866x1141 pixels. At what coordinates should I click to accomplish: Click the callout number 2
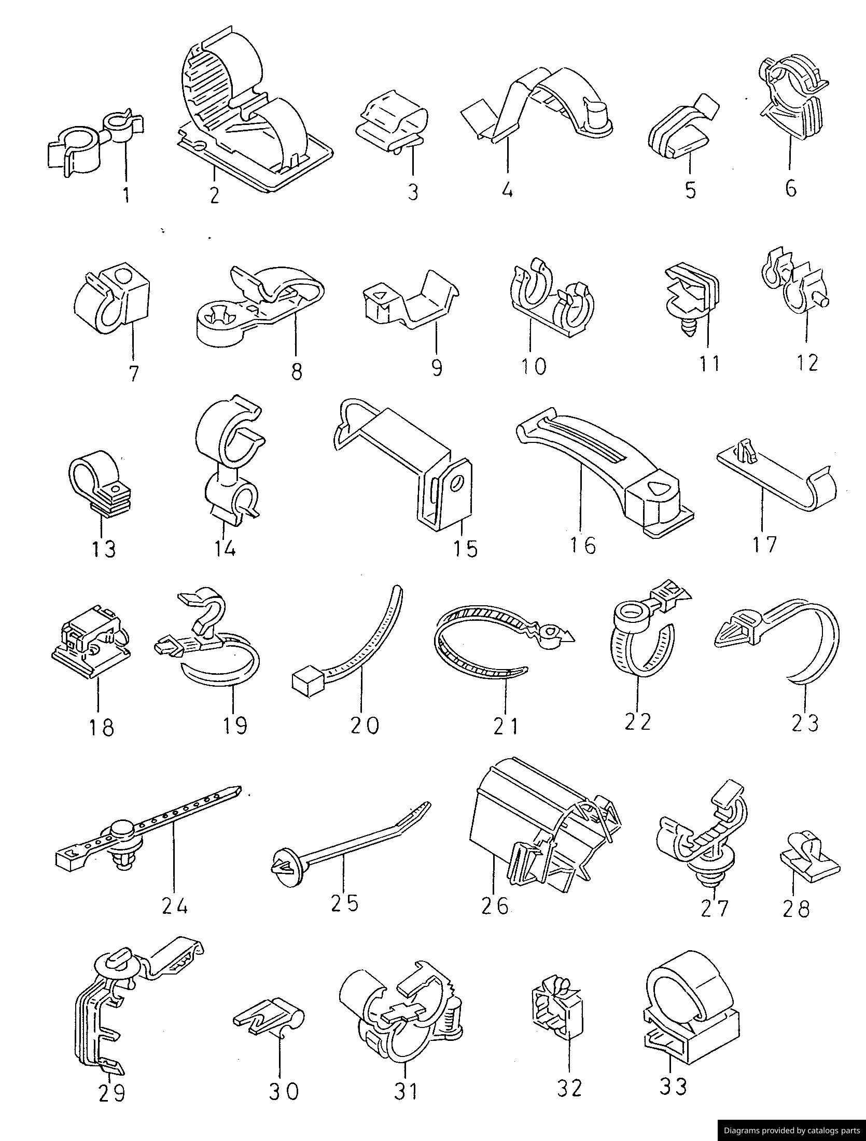(x=214, y=195)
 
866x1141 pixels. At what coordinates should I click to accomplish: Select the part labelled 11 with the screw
(x=691, y=298)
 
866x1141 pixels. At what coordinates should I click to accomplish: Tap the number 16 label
(x=583, y=545)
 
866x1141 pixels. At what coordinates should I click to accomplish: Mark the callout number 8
(x=296, y=371)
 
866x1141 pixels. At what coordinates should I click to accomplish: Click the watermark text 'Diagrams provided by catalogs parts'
(x=792, y=1130)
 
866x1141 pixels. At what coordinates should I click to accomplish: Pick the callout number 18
(x=102, y=726)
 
